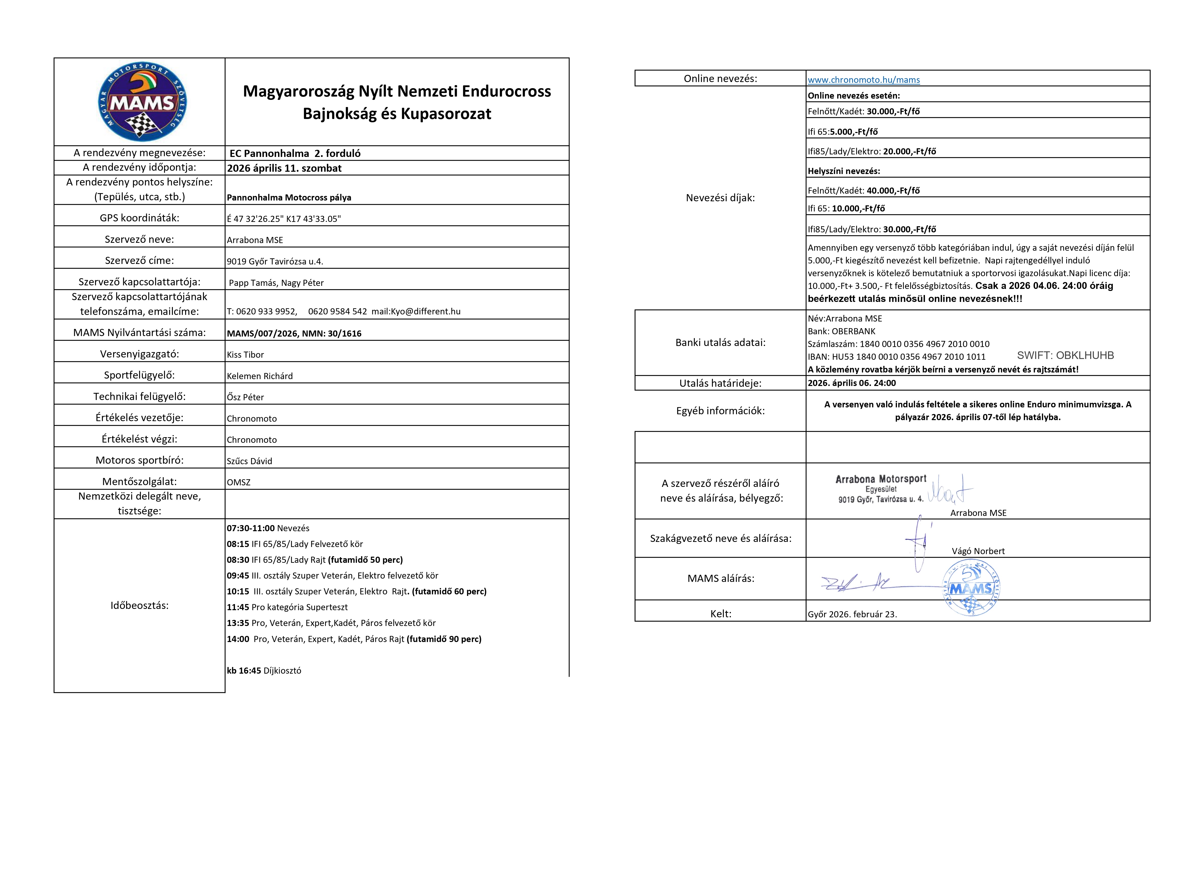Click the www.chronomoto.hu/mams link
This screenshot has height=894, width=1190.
tap(863, 80)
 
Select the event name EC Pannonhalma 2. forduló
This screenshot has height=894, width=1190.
tap(295, 153)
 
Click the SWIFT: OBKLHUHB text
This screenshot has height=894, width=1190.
tap(1065, 355)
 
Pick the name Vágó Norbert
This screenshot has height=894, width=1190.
tap(978, 551)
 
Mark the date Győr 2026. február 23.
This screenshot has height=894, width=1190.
tap(852, 614)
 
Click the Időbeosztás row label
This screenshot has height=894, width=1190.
tap(139, 606)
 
